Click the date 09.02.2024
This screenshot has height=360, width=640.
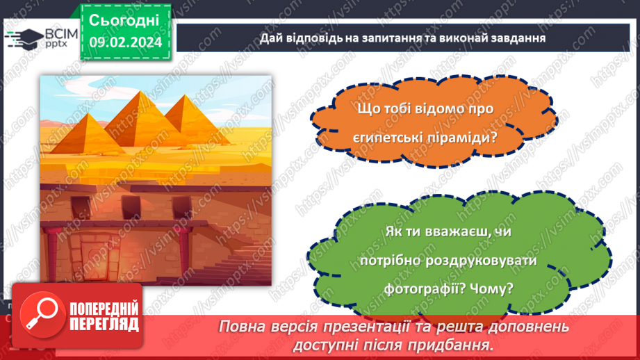125,42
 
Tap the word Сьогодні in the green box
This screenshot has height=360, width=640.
124,20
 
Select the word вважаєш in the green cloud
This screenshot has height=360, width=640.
455,231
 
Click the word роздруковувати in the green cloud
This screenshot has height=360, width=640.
482,260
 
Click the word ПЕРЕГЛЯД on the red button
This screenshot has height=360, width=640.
104,325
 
